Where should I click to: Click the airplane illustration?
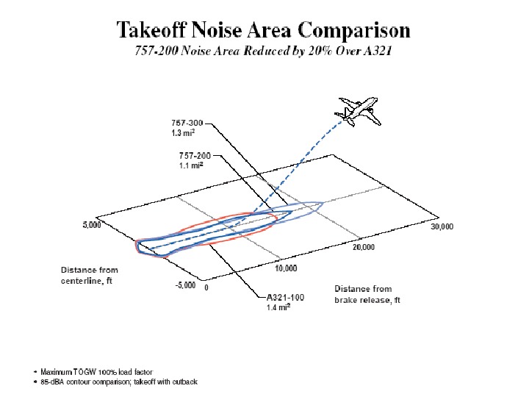(359, 110)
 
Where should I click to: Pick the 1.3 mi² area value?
(182, 133)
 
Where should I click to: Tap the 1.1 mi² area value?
(191, 166)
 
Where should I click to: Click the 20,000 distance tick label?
(363, 247)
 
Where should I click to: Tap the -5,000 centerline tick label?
(184, 286)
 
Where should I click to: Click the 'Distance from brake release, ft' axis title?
(367, 295)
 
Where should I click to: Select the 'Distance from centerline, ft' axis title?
(90, 276)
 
